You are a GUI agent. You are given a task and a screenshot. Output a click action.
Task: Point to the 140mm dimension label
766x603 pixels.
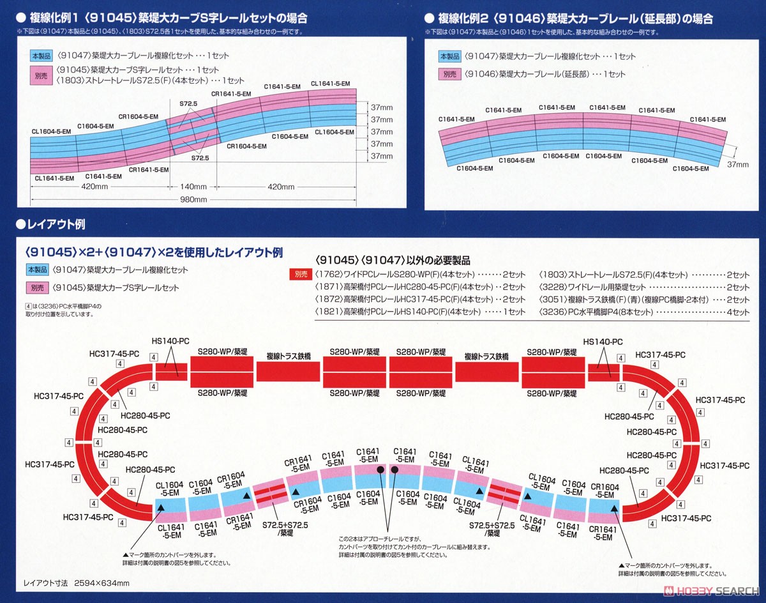click(x=194, y=187)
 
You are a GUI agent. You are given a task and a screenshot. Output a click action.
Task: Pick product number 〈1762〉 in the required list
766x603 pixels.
click(x=327, y=275)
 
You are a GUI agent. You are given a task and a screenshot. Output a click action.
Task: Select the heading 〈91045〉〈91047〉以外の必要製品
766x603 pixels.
click(x=393, y=260)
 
